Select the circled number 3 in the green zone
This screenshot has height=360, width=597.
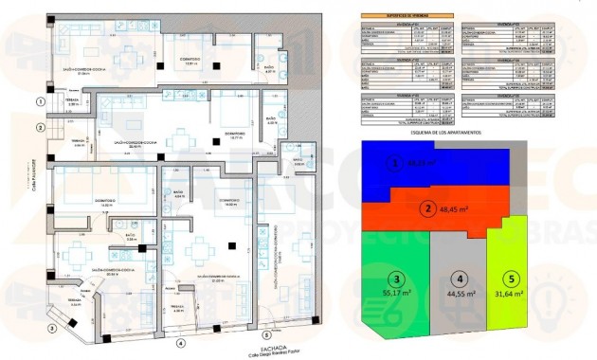[396, 279]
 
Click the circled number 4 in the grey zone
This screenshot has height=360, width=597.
[458, 279]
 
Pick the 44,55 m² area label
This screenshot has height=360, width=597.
[458, 295]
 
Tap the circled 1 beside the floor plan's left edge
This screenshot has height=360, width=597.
[41, 100]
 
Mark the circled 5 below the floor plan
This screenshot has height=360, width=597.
[265, 334]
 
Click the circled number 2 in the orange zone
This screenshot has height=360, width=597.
[428, 209]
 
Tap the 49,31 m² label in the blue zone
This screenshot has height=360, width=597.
[417, 164]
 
